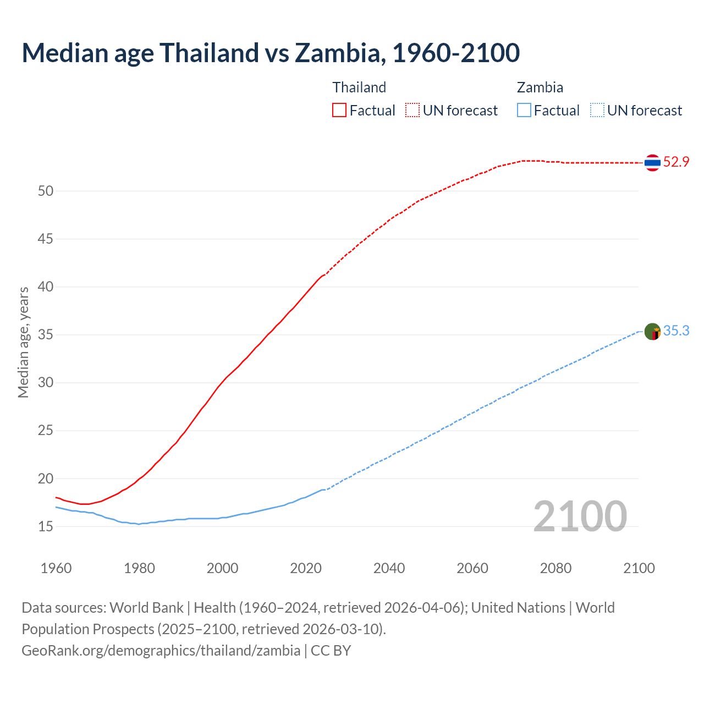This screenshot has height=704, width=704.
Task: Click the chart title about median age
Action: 271,53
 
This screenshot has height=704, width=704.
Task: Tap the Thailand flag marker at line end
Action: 652,162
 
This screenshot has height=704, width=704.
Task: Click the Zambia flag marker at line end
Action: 652,331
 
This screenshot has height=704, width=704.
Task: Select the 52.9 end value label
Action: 676,162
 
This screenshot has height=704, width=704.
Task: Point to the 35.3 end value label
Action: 676,331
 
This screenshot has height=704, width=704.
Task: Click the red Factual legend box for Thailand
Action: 339,110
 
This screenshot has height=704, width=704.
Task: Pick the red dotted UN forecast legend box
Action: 413,110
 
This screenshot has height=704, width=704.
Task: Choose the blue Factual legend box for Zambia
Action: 524,110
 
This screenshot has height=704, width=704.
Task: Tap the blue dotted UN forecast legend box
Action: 597,110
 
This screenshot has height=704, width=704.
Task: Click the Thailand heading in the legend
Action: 359,87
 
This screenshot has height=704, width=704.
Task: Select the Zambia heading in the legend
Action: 540,87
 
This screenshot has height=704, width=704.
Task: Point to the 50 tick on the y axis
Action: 46,191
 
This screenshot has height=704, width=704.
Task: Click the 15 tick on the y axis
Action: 46,526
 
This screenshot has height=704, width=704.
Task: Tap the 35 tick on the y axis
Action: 46,335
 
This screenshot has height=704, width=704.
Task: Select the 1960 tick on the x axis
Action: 56,568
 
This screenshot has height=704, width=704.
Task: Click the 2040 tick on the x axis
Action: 389,568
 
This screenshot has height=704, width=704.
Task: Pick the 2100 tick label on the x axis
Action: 639,568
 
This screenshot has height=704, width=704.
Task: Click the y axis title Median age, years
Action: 23,342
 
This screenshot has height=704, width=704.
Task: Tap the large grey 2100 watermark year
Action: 580,516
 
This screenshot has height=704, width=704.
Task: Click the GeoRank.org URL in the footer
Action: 161,651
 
